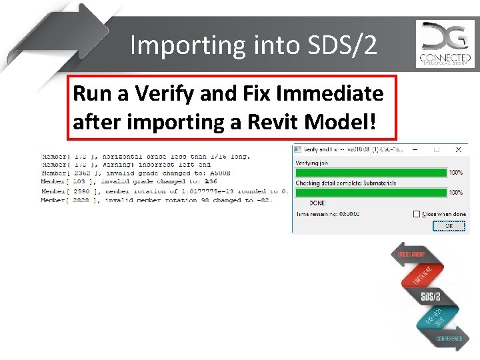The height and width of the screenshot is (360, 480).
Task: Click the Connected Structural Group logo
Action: coord(445,44)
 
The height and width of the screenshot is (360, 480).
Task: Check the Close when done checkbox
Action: coord(417,214)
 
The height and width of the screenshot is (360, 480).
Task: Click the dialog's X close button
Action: coord(458,150)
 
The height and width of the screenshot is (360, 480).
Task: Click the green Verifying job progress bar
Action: coord(371,173)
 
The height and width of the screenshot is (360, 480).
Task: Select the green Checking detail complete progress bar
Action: coord(371,193)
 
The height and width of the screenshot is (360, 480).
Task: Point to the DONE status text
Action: coord(317,203)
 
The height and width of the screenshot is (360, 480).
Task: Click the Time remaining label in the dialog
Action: coord(316,214)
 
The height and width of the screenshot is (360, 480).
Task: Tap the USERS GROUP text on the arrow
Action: coord(412,255)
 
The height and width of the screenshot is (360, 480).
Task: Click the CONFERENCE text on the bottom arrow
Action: coord(449,339)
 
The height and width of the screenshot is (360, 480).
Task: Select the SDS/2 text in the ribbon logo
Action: coord(431,295)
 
